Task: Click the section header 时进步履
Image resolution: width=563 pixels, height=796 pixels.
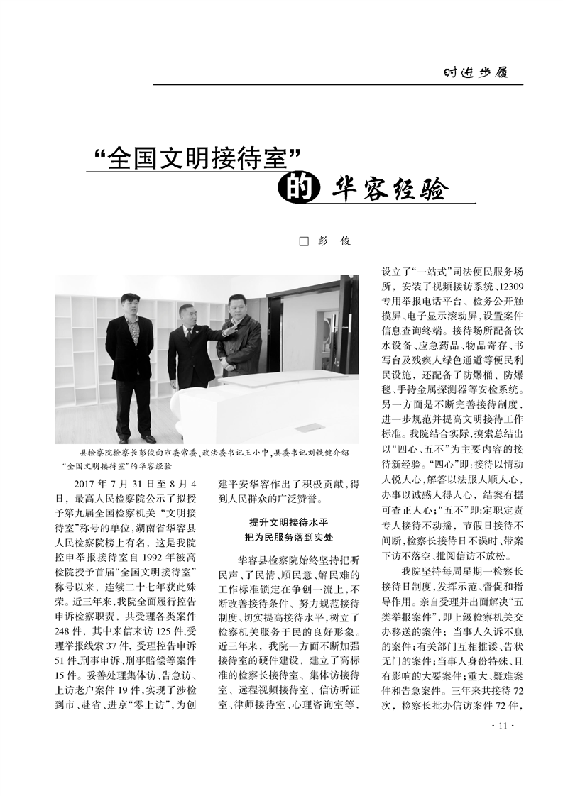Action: click(476, 72)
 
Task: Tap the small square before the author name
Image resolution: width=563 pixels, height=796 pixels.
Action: click(304, 242)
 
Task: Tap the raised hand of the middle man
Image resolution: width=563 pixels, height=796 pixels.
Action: click(226, 327)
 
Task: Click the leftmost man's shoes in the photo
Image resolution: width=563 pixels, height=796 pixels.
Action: click(135, 438)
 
